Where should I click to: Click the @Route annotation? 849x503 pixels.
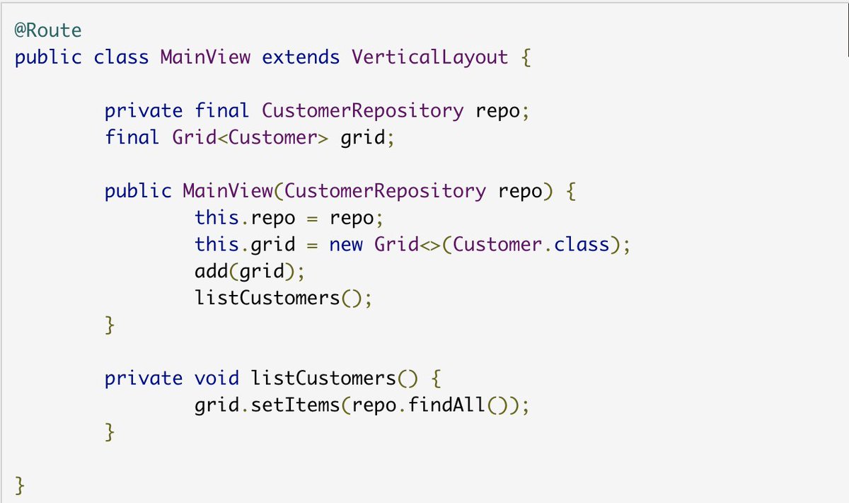pyautogui.click(x=48, y=31)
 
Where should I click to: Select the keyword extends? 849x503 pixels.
pyautogui.click(x=301, y=57)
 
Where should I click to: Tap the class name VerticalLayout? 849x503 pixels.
pyautogui.click(x=429, y=57)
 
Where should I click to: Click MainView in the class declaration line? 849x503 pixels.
pyautogui.click(x=205, y=57)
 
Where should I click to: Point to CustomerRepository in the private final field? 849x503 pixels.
pyautogui.click(x=362, y=110)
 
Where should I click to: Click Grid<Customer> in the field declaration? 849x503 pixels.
pyautogui.click(x=250, y=137)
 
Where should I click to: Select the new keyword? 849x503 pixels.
pyautogui.click(x=346, y=245)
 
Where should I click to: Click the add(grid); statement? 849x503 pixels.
pyautogui.click(x=253, y=271)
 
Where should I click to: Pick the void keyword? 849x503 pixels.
pyautogui.click(x=216, y=378)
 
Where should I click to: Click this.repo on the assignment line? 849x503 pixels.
pyautogui.click(x=245, y=218)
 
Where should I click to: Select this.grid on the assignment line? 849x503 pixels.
pyautogui.click(x=245, y=245)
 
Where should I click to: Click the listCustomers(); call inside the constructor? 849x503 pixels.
pyautogui.click(x=283, y=298)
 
